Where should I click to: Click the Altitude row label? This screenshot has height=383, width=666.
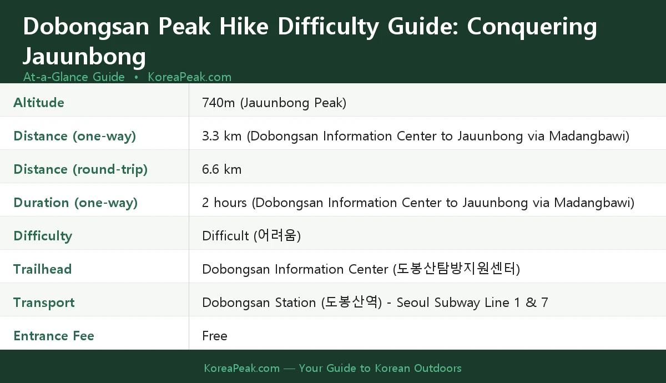tap(39, 103)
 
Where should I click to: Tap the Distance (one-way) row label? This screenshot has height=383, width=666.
tap(74, 136)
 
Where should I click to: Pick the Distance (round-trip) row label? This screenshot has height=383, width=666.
tap(80, 169)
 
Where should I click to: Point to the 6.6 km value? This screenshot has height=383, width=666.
tap(221, 169)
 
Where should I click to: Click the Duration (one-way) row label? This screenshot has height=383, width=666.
tap(75, 203)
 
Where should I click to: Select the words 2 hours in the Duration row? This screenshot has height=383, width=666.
tap(224, 203)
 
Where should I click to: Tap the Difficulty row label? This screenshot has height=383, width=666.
tap(43, 236)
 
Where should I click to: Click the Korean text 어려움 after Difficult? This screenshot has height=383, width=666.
tap(277, 236)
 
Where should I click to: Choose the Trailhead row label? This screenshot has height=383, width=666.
tap(43, 269)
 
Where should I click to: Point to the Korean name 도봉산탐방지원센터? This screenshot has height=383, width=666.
tap(456, 269)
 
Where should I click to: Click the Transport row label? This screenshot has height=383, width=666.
tap(44, 303)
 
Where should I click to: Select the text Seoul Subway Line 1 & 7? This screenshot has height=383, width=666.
tap(472, 303)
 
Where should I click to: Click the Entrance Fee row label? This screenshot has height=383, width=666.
tap(54, 336)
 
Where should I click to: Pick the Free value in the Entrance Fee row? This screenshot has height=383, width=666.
tap(215, 336)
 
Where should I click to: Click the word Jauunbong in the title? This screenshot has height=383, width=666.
tap(84, 57)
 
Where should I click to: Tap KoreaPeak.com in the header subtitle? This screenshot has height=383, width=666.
tap(189, 77)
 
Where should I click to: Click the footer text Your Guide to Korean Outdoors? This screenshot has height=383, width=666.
tap(380, 368)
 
